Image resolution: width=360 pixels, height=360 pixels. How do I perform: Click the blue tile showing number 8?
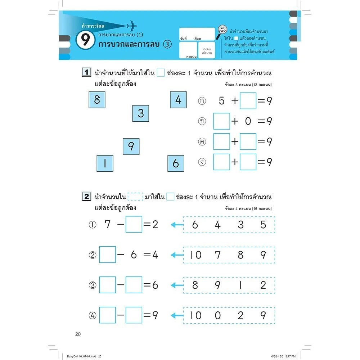(x=97, y=99)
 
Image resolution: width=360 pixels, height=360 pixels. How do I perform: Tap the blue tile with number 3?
(x=140, y=113)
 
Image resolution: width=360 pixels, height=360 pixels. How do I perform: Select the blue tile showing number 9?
(x=131, y=147)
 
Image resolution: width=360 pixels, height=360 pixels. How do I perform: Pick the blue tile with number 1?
(x=105, y=163)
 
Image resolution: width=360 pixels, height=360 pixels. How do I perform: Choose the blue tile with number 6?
(x=176, y=163)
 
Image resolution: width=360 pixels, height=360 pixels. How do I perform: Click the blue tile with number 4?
(x=178, y=99)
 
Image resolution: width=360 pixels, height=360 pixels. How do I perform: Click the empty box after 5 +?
(x=248, y=101)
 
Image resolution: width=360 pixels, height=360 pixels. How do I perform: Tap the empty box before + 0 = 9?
(x=221, y=121)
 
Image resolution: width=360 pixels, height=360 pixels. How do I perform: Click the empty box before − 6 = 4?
(x=107, y=255)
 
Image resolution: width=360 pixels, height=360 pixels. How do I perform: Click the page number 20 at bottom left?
(x=78, y=334)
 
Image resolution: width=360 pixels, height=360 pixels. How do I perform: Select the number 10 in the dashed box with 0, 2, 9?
(x=196, y=316)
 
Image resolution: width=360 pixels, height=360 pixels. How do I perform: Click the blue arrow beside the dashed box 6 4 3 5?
(x=176, y=225)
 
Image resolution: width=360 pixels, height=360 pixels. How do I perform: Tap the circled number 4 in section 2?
(x=93, y=316)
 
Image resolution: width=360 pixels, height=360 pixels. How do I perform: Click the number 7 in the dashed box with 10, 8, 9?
(x=218, y=255)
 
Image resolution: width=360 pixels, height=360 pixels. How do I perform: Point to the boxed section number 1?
(x=86, y=73)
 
